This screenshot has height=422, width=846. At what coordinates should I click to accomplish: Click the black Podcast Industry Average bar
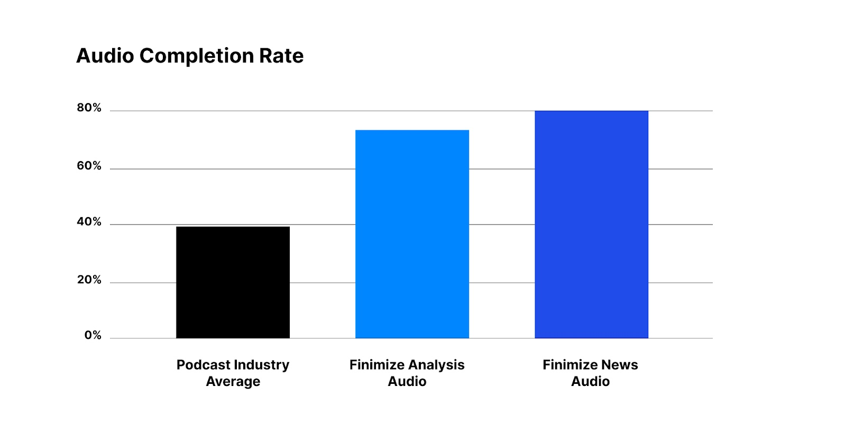(x=233, y=282)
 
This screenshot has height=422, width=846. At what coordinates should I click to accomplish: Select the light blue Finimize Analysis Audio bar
(x=412, y=234)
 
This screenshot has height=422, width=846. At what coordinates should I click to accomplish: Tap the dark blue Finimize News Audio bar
(x=591, y=225)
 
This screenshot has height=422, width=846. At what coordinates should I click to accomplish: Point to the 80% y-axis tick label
(x=89, y=108)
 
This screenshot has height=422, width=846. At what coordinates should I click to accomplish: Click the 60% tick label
(x=89, y=166)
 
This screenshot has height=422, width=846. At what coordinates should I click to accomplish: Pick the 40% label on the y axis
(x=89, y=222)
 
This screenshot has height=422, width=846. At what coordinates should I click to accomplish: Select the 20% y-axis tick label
(x=89, y=280)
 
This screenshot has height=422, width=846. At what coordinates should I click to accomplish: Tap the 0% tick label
(x=93, y=336)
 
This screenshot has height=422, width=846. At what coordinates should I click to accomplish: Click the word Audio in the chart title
(x=105, y=56)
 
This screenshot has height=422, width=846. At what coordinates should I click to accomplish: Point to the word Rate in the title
(x=281, y=56)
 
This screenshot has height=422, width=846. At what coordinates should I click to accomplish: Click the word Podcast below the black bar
(x=203, y=365)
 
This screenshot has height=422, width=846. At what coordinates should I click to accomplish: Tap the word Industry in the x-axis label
(x=262, y=365)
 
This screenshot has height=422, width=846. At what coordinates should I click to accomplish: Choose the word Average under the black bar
(x=233, y=382)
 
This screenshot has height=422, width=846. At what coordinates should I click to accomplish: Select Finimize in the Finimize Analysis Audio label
(x=375, y=365)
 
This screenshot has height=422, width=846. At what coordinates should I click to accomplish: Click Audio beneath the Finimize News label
(x=590, y=382)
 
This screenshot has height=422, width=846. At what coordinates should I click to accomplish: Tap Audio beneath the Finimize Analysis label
(x=407, y=382)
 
